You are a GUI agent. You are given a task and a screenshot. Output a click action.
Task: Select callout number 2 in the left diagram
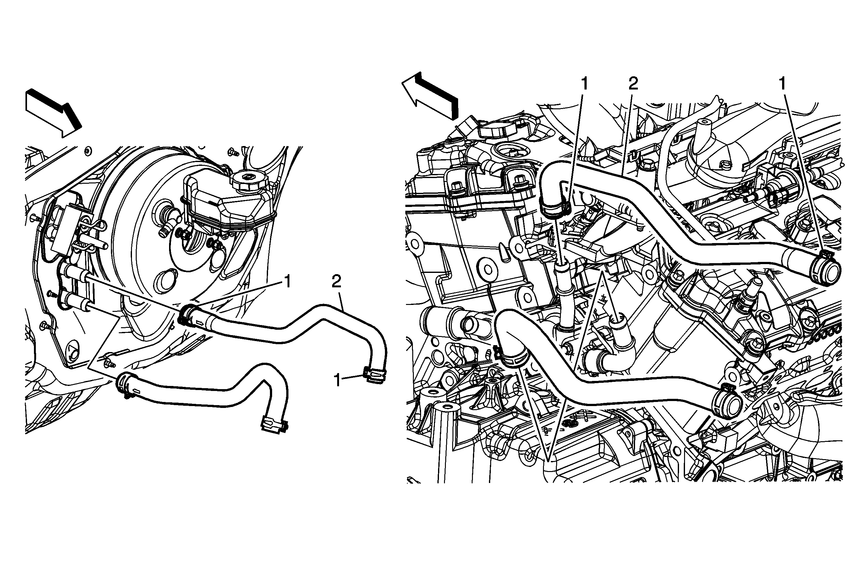337,282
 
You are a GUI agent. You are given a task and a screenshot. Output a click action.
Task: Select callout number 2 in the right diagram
633,84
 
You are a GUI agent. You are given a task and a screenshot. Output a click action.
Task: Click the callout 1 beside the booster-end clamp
287,281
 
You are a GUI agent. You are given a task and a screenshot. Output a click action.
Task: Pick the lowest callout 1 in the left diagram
337,381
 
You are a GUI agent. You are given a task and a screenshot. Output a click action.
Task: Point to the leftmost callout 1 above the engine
584,84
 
